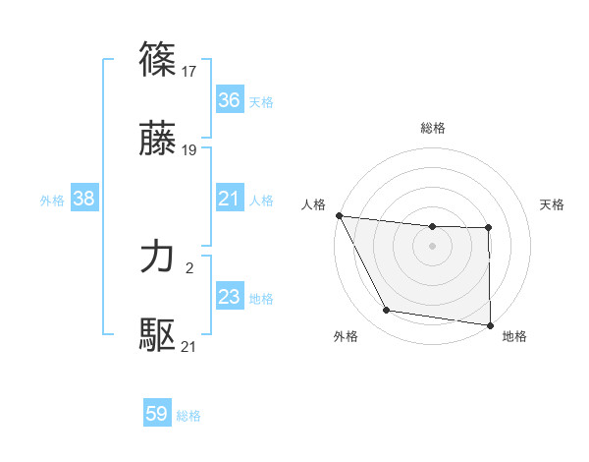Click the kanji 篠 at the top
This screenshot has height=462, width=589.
tap(158, 59)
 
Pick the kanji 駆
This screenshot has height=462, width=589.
tap(158, 335)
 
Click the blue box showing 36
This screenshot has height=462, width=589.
tap(230, 100)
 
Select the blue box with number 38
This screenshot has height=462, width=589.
tap(84, 199)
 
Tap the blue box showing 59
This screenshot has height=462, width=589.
tap(157, 414)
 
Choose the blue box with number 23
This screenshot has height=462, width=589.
tap(230, 297)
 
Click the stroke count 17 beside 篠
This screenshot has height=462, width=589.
tap(190, 71)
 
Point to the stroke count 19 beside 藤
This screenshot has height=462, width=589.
tap(190, 150)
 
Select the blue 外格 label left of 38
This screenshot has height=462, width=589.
tap(52, 200)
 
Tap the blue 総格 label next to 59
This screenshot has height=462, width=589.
tap(188, 416)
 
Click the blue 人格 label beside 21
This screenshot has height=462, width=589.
tap(261, 200)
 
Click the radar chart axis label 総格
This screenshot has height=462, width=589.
tap(433, 128)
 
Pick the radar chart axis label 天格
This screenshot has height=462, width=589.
tap(553, 204)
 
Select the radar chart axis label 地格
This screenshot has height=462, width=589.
tap(514, 336)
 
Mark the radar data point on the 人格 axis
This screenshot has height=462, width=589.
tap(339, 215)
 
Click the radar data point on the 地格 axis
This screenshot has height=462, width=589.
tap(490, 325)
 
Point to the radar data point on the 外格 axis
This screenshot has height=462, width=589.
tap(387, 311)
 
